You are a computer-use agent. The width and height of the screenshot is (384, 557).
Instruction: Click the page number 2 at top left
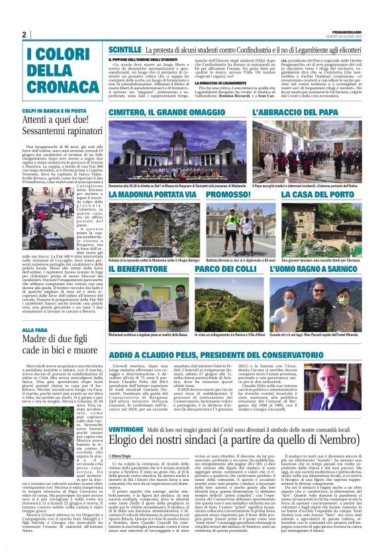24,35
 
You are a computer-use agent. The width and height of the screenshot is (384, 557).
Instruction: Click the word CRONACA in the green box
52,87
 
